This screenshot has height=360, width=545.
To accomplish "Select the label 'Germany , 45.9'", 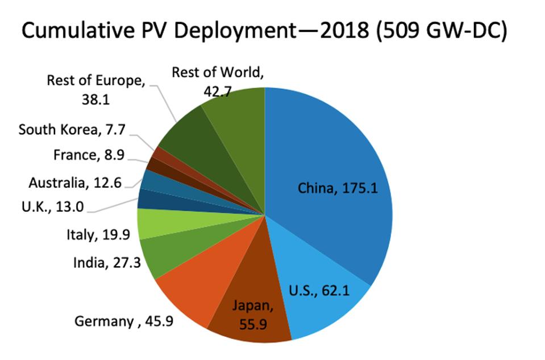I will [x=124, y=321].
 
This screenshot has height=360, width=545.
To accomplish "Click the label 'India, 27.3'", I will [x=107, y=263].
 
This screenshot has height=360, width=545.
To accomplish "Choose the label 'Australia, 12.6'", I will [x=75, y=183].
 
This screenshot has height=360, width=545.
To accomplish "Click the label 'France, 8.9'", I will [x=88, y=155].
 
